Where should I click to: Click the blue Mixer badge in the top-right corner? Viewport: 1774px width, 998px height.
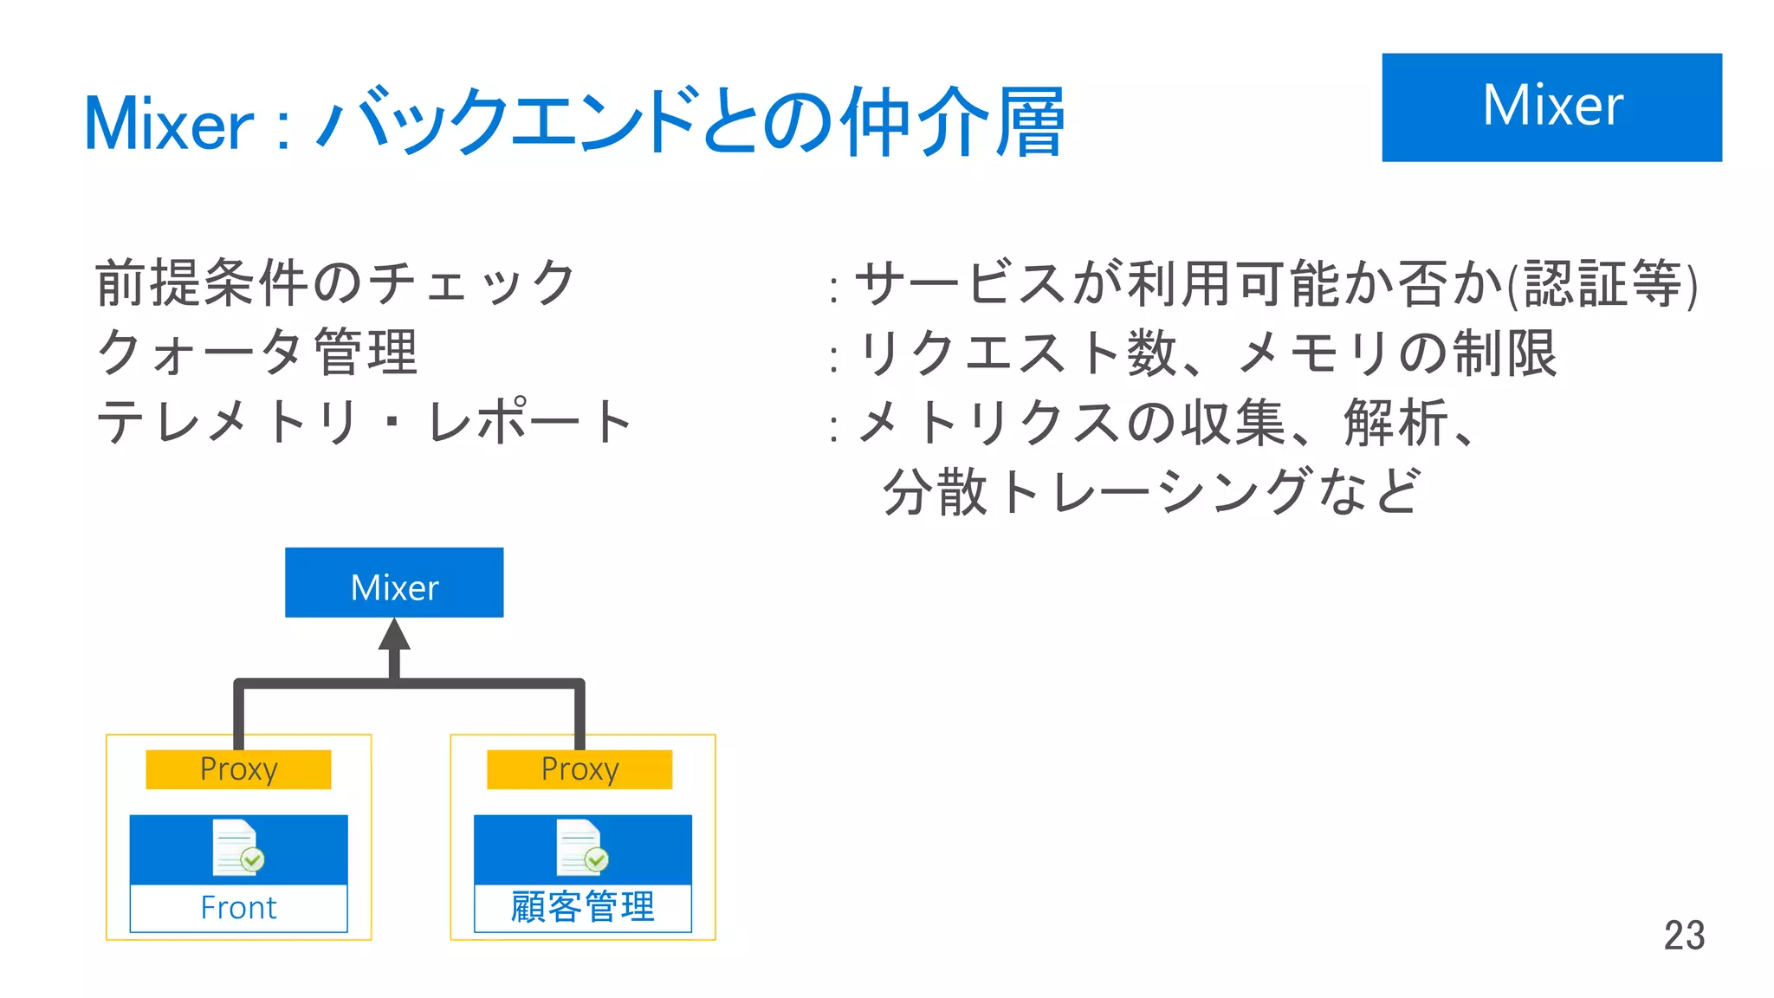click(x=1551, y=107)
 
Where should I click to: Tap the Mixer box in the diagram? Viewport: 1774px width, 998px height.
click(x=394, y=583)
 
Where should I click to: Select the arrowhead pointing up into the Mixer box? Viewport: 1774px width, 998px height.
click(x=394, y=635)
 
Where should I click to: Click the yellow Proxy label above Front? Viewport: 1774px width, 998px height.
click(x=238, y=769)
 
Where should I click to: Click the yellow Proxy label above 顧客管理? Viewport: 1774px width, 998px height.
click(x=579, y=769)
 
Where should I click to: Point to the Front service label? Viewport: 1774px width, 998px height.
click(x=238, y=908)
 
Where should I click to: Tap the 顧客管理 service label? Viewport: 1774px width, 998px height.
click(x=582, y=907)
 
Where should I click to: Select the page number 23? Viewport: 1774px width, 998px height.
click(x=1684, y=936)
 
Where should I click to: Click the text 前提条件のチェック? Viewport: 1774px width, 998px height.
click(x=336, y=283)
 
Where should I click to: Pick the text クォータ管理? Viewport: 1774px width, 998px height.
click(x=258, y=353)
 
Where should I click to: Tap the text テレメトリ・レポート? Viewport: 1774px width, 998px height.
click(x=365, y=422)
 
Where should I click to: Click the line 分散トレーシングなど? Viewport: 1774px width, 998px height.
click(x=1151, y=491)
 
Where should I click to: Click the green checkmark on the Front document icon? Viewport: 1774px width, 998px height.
click(x=252, y=859)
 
